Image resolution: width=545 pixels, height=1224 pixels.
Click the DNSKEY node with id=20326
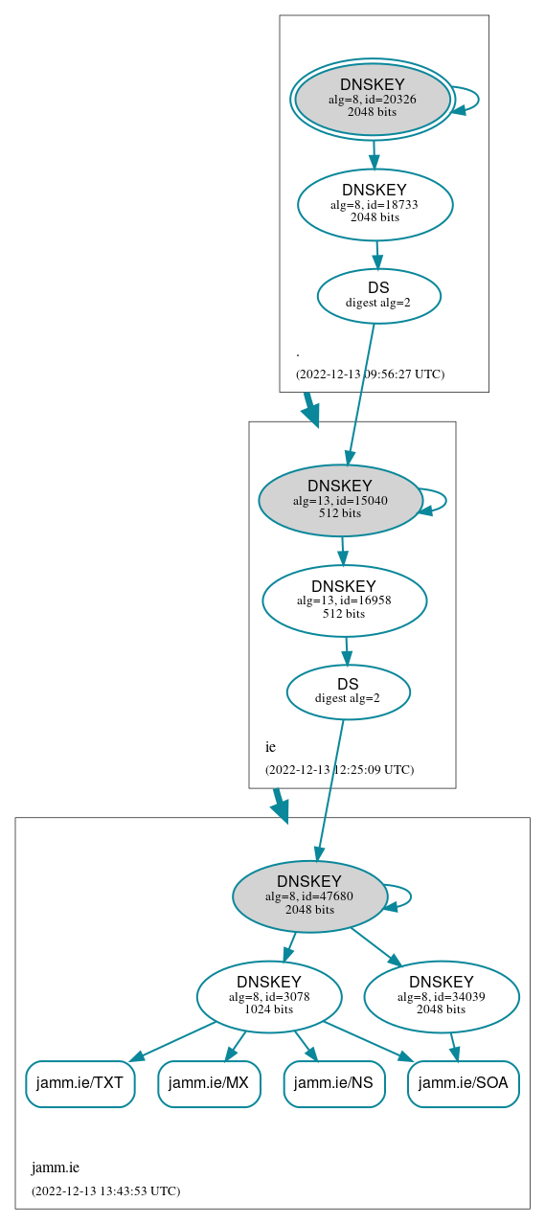pyautogui.click(x=373, y=100)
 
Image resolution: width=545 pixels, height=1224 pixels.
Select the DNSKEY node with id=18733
pyautogui.click(x=375, y=204)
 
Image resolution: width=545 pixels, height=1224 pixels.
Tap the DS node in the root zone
pyautogui.click(x=378, y=295)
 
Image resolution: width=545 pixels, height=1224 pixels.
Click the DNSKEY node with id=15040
pyautogui.click(x=340, y=500)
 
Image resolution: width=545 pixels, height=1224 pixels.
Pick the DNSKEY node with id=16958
pyautogui.click(x=344, y=601)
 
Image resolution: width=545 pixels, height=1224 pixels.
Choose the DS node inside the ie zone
pyautogui.click(x=348, y=691)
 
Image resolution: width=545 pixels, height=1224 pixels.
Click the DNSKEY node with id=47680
pyautogui.click(x=309, y=896)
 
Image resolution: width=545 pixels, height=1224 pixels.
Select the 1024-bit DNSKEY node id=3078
pyautogui.click(x=269, y=997)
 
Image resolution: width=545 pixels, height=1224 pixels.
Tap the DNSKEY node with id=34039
pyautogui.click(x=441, y=997)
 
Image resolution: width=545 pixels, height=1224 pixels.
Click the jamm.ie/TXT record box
pyautogui.click(x=79, y=1083)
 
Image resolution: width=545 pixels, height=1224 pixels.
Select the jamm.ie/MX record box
pyautogui.click(x=209, y=1083)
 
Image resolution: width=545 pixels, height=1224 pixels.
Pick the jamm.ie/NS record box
pyautogui.click(x=334, y=1083)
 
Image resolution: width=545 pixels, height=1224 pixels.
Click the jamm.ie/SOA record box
pyautogui.click(x=464, y=1083)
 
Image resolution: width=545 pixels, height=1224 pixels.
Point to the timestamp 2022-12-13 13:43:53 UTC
pyautogui.click(x=105, y=1191)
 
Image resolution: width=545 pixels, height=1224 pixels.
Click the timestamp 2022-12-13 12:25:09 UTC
pyautogui.click(x=339, y=769)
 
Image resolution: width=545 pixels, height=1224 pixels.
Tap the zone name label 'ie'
pyautogui.click(x=270, y=747)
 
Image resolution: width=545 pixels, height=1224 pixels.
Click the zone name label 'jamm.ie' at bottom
pyautogui.click(x=56, y=1167)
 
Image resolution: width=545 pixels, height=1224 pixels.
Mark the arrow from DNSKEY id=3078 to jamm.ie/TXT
pyautogui.click(x=172, y=1041)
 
